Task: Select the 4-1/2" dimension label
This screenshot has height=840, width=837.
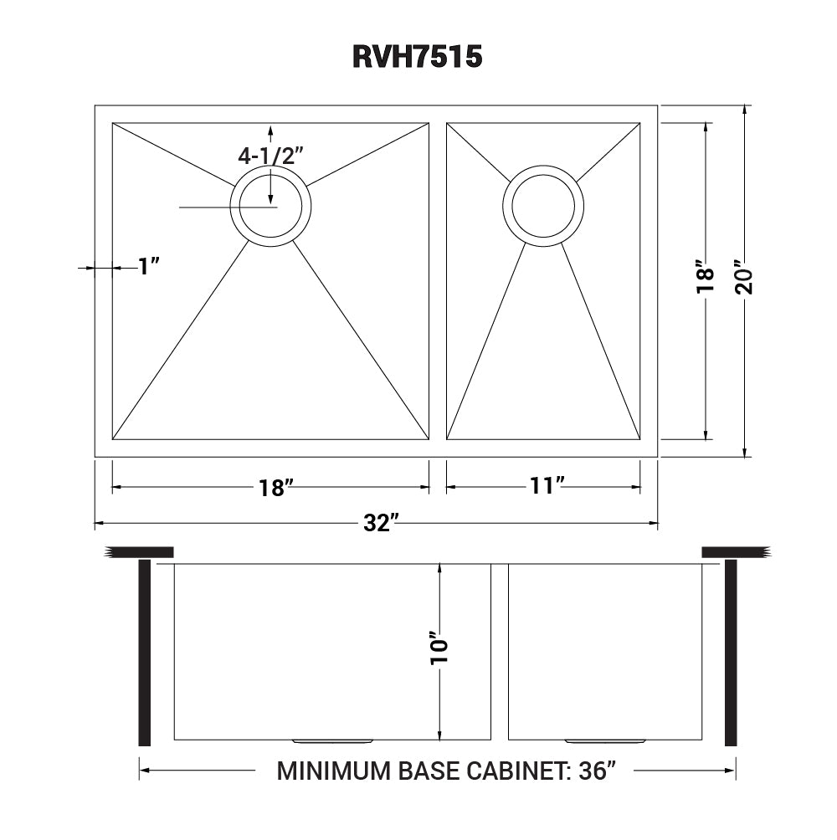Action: tap(270, 156)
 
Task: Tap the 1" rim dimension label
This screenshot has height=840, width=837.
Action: tap(148, 267)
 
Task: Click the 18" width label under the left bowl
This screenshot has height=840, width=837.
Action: tap(272, 489)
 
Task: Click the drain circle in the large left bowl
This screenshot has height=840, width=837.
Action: tap(270, 206)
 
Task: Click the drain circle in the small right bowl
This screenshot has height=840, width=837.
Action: tap(543, 206)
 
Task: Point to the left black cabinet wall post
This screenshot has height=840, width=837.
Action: tap(144, 653)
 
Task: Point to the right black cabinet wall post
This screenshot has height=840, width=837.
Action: tap(730, 653)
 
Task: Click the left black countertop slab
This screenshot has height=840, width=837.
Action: tap(141, 551)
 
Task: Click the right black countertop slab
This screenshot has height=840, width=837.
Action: tap(734, 551)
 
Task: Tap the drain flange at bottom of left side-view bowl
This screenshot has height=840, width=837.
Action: tap(332, 741)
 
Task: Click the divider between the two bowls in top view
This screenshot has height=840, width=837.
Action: tap(438, 281)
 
